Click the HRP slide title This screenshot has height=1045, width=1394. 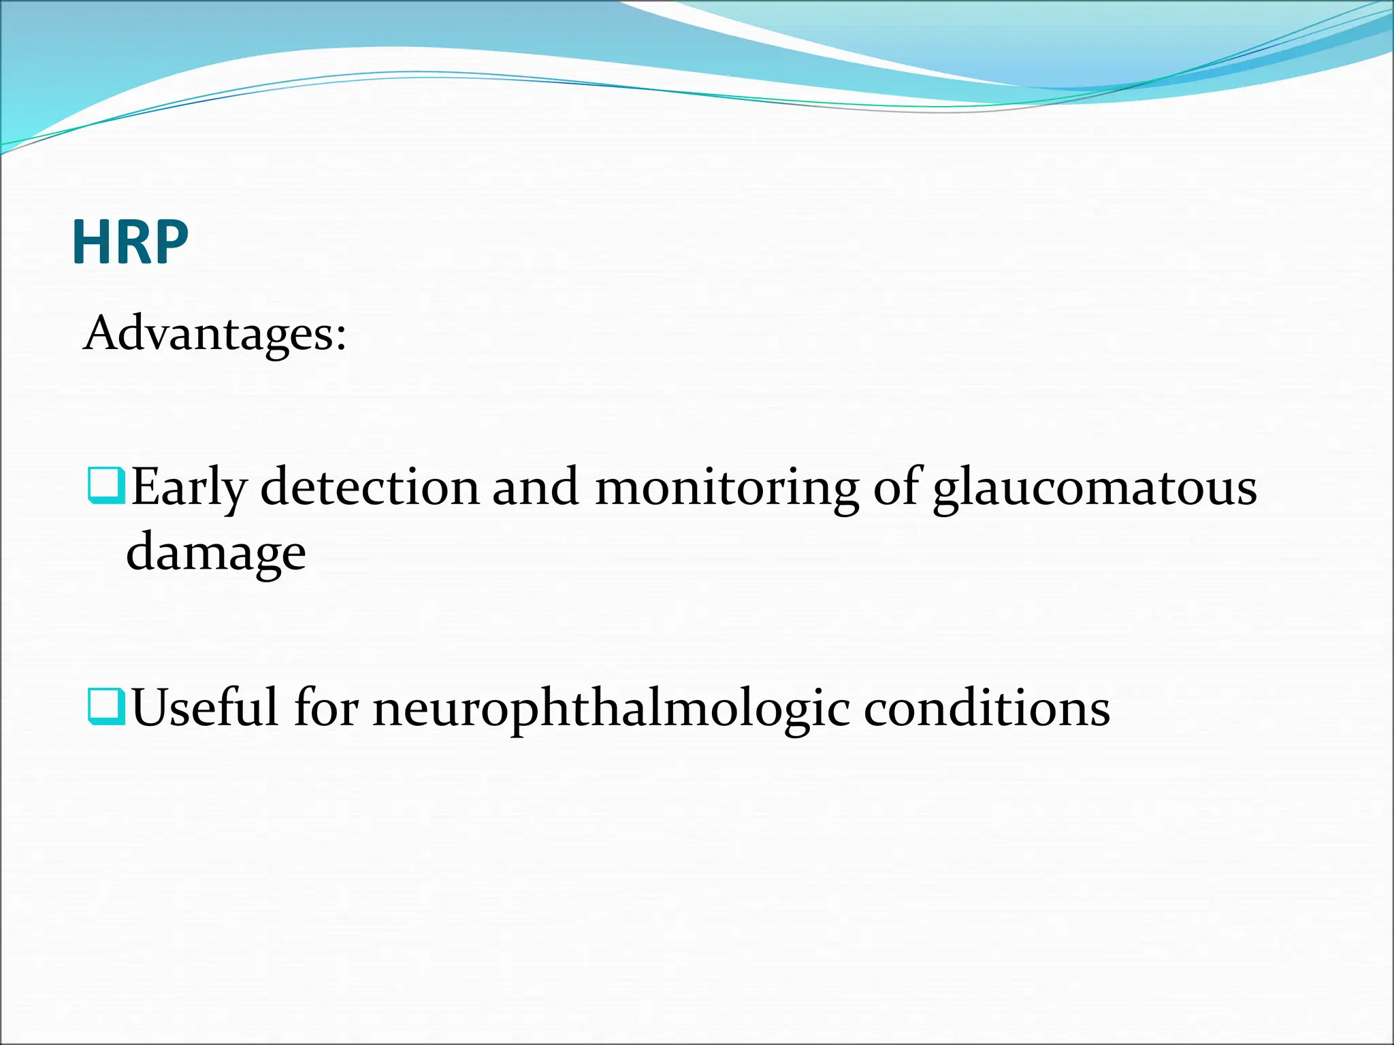(130, 243)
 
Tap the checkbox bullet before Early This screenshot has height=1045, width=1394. (106, 485)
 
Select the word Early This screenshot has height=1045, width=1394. (189, 488)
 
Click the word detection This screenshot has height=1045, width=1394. (370, 488)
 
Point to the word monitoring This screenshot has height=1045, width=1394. (726, 488)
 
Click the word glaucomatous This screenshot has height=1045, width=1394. (1095, 488)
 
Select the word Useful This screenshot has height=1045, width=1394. (205, 708)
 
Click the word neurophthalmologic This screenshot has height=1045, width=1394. (611, 708)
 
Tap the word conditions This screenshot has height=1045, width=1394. (987, 708)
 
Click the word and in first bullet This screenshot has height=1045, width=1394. (536, 488)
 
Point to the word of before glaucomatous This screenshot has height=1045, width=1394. (896, 488)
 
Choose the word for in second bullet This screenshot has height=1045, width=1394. (326, 708)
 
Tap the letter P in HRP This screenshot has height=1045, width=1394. (172, 243)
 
